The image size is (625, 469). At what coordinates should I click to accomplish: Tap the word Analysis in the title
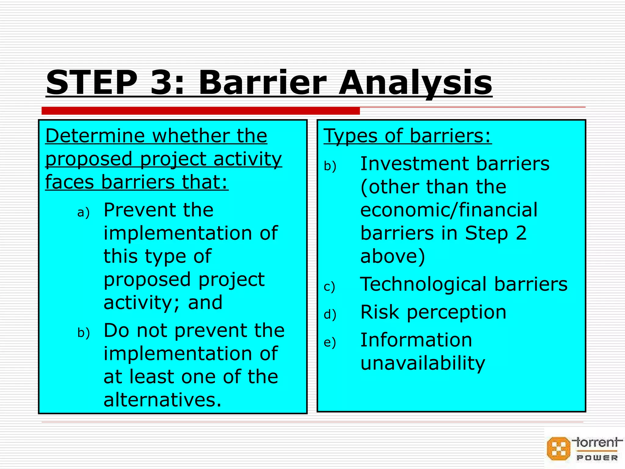(x=415, y=83)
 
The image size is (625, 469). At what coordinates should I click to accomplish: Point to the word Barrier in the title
(x=262, y=83)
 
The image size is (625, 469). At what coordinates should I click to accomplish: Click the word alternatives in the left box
(x=162, y=400)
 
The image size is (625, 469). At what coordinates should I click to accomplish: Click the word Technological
(x=423, y=284)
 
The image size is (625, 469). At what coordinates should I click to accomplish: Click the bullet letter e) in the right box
(x=330, y=342)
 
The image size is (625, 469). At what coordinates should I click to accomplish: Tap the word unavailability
(x=422, y=363)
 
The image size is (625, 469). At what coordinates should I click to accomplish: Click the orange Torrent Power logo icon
(x=558, y=449)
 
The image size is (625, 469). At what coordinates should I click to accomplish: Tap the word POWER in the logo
(x=597, y=458)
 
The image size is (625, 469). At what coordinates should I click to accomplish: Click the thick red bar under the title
(x=201, y=111)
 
